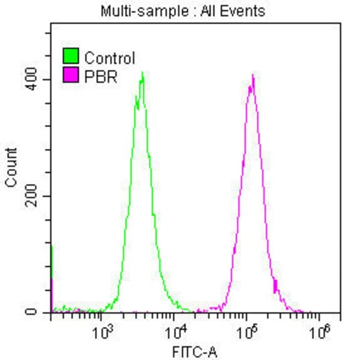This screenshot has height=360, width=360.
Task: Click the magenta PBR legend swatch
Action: tap(71, 76)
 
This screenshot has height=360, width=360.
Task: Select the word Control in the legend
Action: tap(110, 58)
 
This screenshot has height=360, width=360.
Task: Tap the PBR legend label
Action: tap(101, 76)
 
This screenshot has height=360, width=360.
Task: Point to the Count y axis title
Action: tap(12, 167)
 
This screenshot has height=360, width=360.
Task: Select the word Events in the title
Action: tap(244, 11)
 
